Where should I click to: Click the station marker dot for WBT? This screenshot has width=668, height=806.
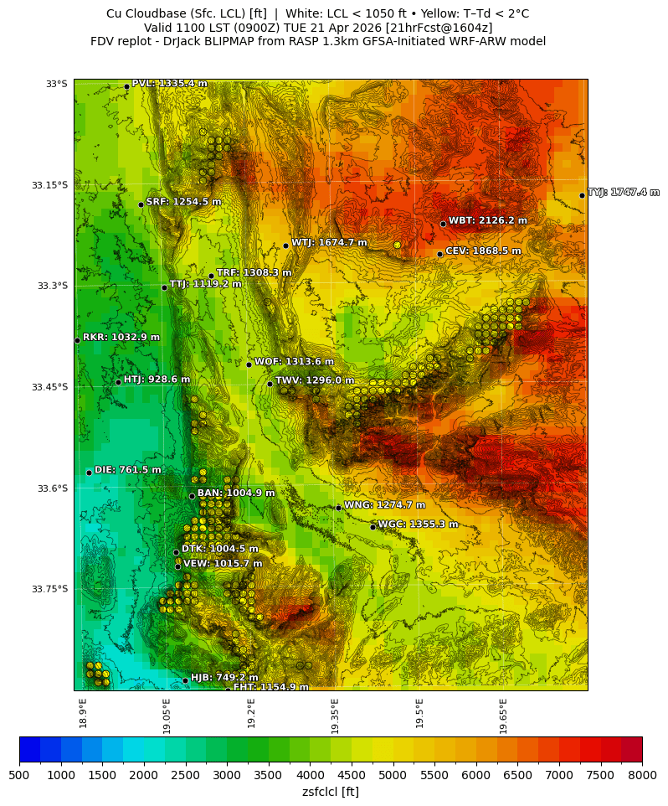pos(443,224)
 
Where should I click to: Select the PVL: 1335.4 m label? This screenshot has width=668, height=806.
pos(169,84)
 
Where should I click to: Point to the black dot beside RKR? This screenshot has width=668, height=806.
pos(77,340)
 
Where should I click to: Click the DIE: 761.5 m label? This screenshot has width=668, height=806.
pos(127,470)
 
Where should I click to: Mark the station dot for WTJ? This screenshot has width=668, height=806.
pos(285,245)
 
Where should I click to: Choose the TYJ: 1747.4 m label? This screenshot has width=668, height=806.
pos(623,193)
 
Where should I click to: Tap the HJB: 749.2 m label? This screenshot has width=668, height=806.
pos(224,678)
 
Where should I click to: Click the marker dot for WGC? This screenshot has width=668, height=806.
pos(373,527)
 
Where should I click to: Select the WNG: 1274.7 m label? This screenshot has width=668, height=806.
pos(384,505)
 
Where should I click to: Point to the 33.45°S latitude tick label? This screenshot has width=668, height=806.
pos(49,387)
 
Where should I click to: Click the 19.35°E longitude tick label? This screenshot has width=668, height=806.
pos(335,716)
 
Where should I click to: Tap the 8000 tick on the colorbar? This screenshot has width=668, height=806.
pos(642,776)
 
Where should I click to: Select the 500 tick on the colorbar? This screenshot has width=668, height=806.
pos(19,776)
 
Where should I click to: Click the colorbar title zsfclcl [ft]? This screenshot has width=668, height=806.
pos(331,792)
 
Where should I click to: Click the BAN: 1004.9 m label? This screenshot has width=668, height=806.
pos(235,493)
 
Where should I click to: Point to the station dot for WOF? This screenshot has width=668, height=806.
pos(249,364)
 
